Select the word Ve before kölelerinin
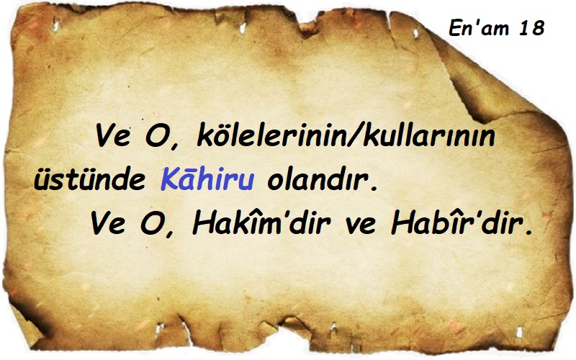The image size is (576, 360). tap(111, 138)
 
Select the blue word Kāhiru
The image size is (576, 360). tap(206, 181)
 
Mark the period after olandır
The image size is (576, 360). tap(374, 189)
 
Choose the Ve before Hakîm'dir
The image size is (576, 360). tap(107, 225)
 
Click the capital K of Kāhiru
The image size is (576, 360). tap(168, 181)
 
